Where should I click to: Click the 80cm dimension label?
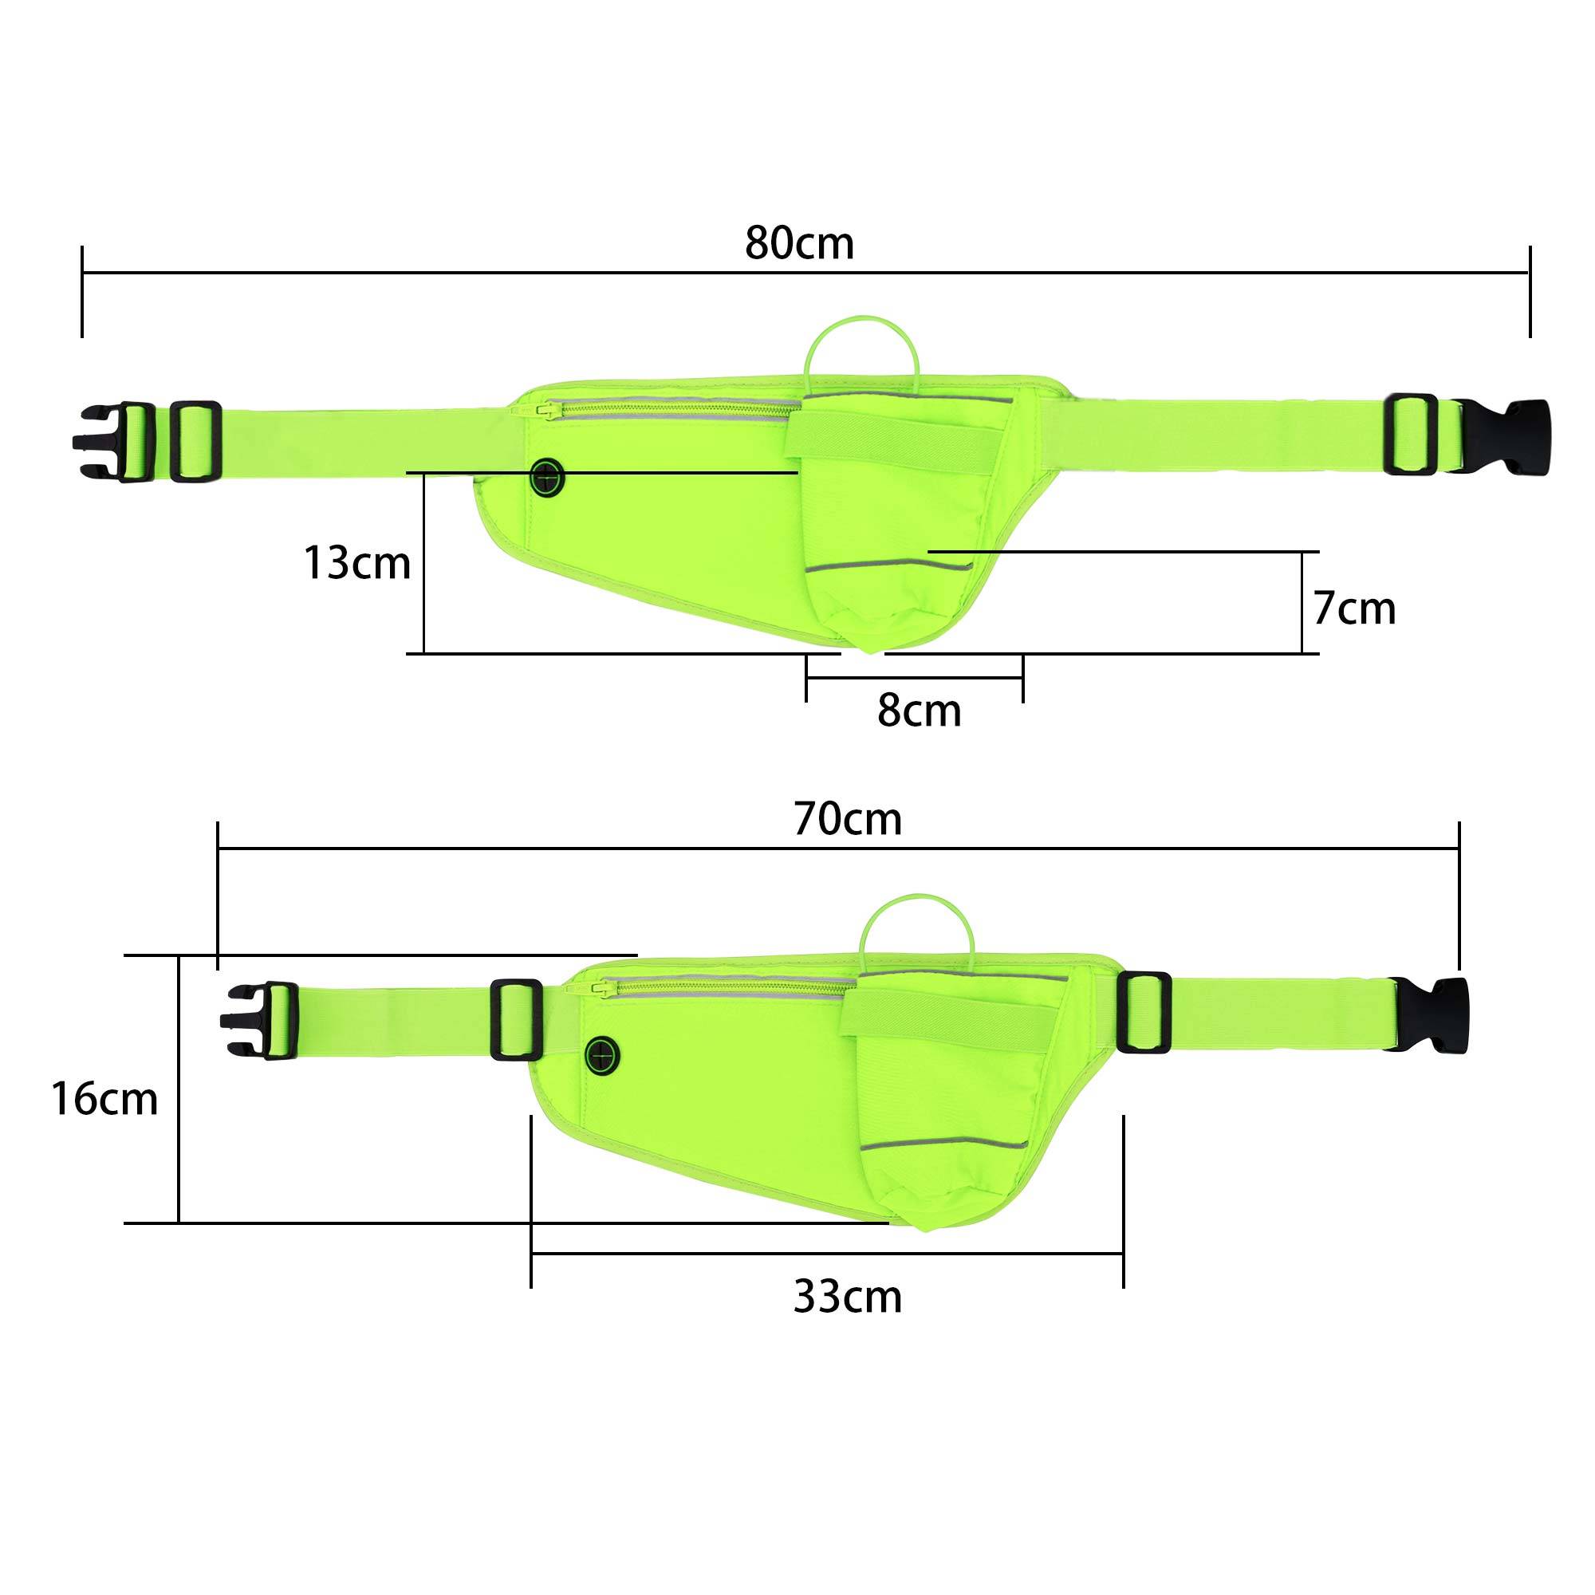(799, 242)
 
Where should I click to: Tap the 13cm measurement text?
(357, 563)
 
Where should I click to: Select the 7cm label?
(1355, 608)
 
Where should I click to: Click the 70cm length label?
(848, 819)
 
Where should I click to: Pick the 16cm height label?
(104, 1099)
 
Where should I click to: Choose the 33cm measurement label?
(848, 1296)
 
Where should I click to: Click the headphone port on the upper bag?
(547, 478)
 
